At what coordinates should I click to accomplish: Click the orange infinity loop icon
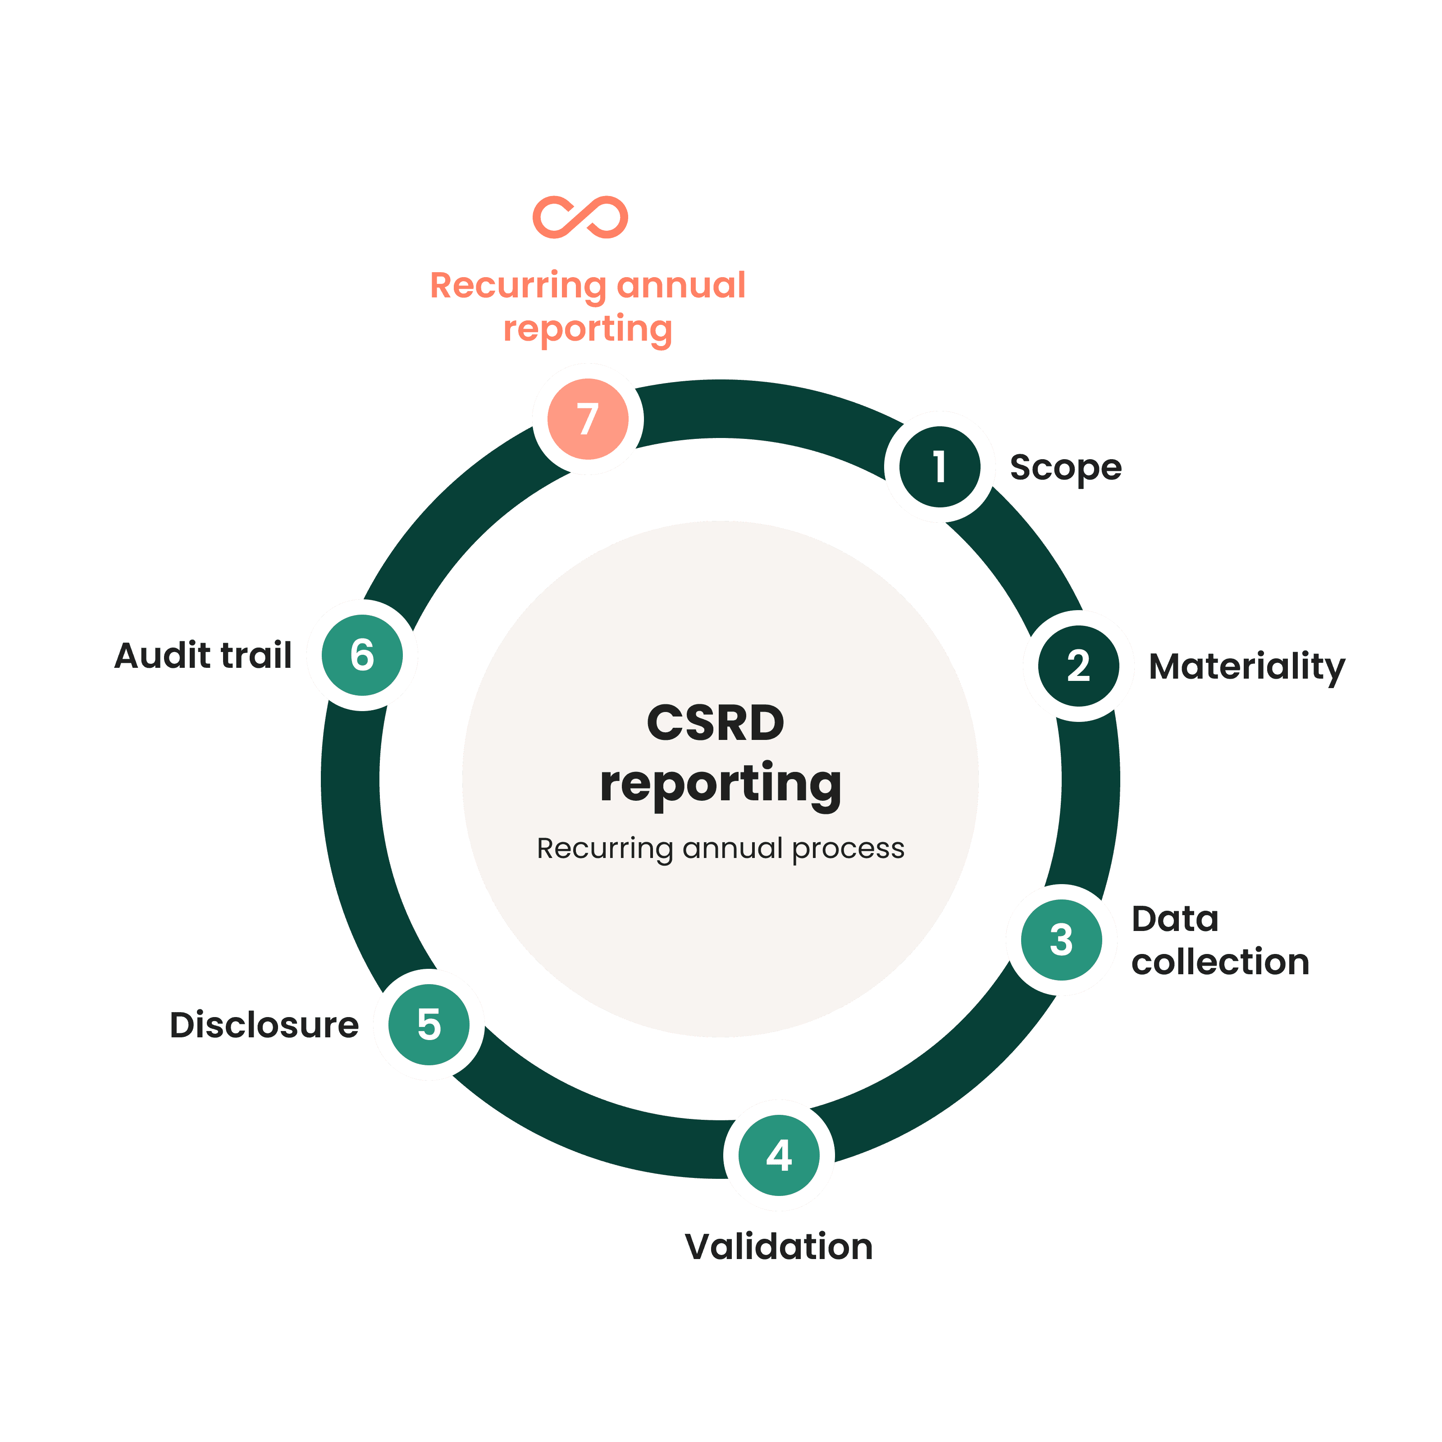tap(580, 217)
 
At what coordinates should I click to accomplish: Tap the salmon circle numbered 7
tap(588, 419)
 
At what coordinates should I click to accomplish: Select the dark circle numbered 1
tap(940, 466)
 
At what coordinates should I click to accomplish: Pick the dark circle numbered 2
tap(1078, 666)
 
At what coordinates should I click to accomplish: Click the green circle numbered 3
tap(1061, 940)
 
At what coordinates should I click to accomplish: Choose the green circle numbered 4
tap(779, 1155)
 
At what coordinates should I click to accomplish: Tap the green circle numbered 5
tap(429, 1025)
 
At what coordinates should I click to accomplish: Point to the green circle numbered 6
tap(362, 655)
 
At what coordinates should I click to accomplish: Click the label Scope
tap(1065, 468)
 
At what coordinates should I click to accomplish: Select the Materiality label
tap(1246, 666)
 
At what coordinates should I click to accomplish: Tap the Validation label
tap(779, 1247)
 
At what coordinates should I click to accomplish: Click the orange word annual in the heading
tap(681, 285)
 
